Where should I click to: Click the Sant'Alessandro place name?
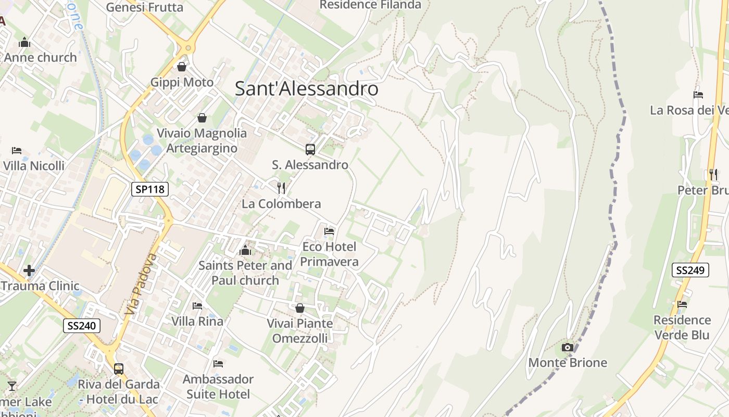pyautogui.click(x=306, y=89)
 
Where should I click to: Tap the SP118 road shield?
pyautogui.click(x=150, y=189)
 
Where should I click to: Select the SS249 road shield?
pyautogui.click(x=690, y=270)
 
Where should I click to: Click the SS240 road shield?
pyautogui.click(x=82, y=326)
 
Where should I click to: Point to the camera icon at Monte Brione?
pyautogui.click(x=568, y=347)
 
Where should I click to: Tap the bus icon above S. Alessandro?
pyautogui.click(x=310, y=150)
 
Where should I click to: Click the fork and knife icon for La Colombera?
pyautogui.click(x=281, y=188)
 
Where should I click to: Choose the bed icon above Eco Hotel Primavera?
pyautogui.click(x=329, y=231)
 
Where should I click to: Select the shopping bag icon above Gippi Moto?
pyautogui.click(x=182, y=67)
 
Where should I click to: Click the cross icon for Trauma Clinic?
pyautogui.click(x=29, y=270)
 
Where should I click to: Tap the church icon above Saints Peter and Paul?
pyautogui.click(x=245, y=250)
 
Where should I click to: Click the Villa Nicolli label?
pyautogui.click(x=34, y=166)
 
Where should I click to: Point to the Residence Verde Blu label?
pyautogui.click(x=682, y=327)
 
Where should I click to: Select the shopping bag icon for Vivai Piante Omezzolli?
pyautogui.click(x=299, y=308)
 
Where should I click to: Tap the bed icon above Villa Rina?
pyautogui.click(x=197, y=305)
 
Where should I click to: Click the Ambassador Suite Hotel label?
pyautogui.click(x=218, y=386)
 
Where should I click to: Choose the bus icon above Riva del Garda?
pyautogui.click(x=119, y=369)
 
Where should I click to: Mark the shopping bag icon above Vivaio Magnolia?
pyautogui.click(x=202, y=118)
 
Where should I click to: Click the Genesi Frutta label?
pyautogui.click(x=144, y=7)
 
